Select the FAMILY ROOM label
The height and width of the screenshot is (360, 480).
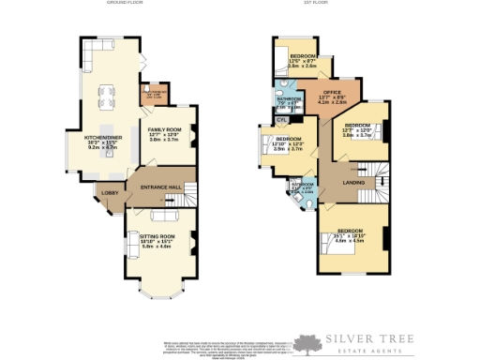(x=163, y=129)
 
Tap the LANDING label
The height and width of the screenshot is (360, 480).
(x=353, y=182)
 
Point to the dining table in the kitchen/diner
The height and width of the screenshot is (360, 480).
(x=108, y=96)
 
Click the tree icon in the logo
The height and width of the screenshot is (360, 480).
(x=304, y=344)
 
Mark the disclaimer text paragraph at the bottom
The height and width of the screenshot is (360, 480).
(x=225, y=346)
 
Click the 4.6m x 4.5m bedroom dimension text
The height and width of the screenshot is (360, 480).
(x=350, y=240)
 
